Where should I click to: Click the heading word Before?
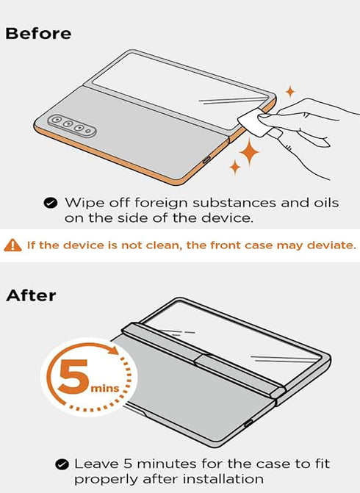(38, 34)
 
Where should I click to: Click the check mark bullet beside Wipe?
(51, 203)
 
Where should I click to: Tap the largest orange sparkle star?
(249, 154)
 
